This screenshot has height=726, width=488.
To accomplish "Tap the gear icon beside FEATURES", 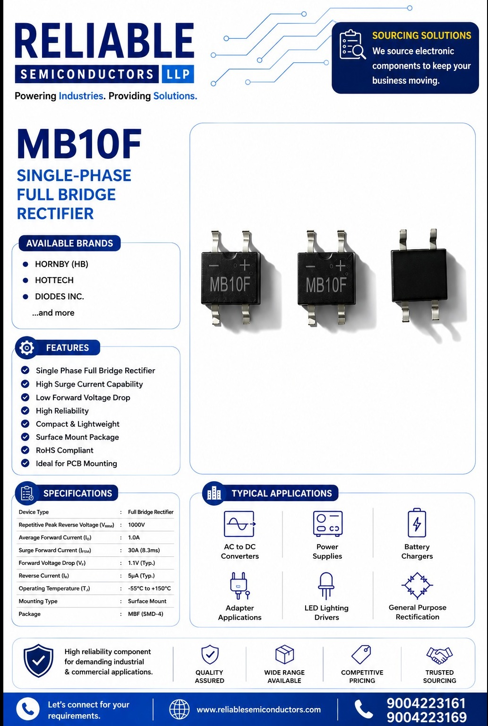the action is point(26,348).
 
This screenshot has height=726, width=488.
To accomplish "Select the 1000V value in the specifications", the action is point(137,525).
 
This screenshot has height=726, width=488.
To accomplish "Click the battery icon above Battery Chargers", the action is point(417,523).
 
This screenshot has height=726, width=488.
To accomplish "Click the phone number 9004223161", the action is point(427,703).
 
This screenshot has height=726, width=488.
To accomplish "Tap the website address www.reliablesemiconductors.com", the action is point(258,709).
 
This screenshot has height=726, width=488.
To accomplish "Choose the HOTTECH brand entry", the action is point(54,280).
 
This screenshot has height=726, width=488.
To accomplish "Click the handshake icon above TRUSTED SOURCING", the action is point(439,655).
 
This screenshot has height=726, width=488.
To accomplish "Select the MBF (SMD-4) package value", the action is point(146,614).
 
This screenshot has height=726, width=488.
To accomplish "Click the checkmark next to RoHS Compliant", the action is point(25,450).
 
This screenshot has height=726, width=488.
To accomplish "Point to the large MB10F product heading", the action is point(79,144).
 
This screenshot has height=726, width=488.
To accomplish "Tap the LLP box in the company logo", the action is point(178,74).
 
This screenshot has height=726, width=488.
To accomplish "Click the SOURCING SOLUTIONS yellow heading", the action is point(421,35).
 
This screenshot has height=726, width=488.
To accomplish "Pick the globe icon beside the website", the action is point(179,709).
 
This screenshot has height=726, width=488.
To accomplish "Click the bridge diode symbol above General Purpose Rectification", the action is point(417,585).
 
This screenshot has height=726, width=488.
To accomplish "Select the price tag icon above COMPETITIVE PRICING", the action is point(361,654).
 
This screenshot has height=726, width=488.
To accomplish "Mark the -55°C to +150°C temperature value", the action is point(149,588).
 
